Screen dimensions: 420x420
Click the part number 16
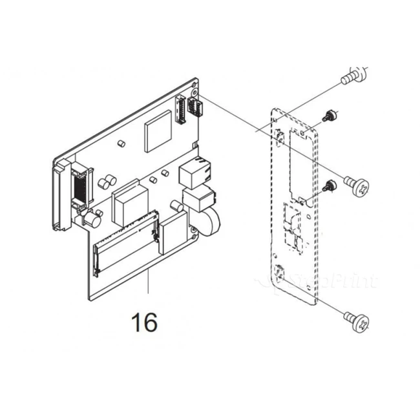145,320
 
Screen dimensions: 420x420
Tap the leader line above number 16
148,284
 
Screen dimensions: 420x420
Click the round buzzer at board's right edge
209,223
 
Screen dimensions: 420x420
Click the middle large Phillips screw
359,187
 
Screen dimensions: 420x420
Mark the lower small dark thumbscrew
330,187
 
